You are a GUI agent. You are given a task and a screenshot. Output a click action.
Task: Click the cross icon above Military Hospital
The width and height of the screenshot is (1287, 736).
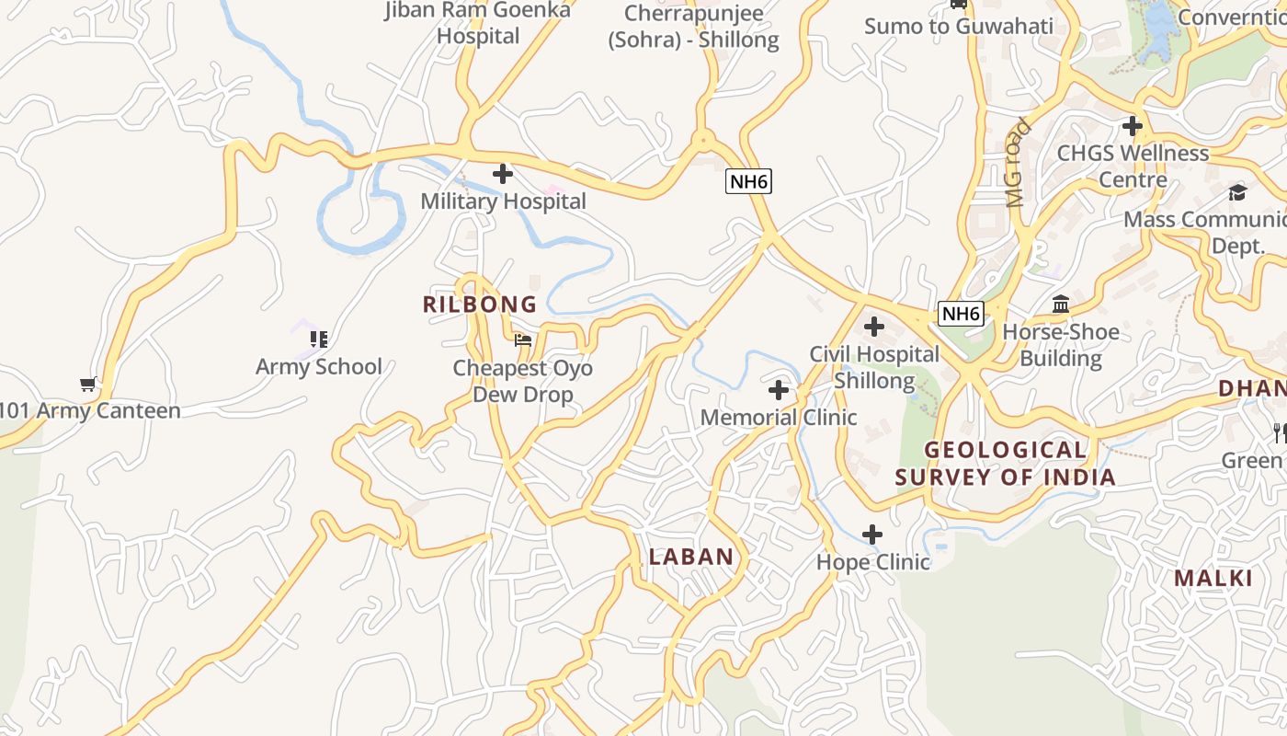pyautogui.click(x=503, y=173)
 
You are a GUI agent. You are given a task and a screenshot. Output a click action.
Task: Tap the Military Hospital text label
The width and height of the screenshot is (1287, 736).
pyautogui.click(x=503, y=201)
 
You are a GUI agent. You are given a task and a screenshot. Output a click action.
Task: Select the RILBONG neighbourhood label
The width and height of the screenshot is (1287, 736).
pyautogui.click(x=480, y=305)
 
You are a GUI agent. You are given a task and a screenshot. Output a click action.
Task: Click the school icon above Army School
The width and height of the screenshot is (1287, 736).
pyautogui.click(x=319, y=339)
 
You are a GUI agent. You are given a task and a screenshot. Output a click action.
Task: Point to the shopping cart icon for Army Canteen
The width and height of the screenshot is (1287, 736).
pyautogui.click(x=88, y=384)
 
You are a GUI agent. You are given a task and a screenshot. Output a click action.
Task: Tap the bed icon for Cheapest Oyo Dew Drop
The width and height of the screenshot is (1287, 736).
pyautogui.click(x=523, y=340)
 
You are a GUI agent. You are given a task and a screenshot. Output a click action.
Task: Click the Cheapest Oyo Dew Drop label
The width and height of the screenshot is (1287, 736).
pyautogui.click(x=523, y=381)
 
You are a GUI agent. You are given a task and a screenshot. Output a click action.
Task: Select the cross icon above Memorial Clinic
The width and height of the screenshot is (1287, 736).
pyautogui.click(x=779, y=390)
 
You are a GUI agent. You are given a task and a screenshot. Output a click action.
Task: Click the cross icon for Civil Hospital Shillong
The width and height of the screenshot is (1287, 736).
pyautogui.click(x=874, y=327)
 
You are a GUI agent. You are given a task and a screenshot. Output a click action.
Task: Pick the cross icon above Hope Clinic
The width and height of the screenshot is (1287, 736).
pyautogui.click(x=872, y=534)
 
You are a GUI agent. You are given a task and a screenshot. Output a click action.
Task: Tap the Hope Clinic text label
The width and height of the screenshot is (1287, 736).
pyautogui.click(x=873, y=561)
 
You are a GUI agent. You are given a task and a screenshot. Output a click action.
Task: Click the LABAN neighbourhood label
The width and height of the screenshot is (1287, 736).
pyautogui.click(x=691, y=557)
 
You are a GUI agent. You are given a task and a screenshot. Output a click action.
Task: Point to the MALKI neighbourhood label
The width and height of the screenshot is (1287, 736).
pyautogui.click(x=1213, y=578)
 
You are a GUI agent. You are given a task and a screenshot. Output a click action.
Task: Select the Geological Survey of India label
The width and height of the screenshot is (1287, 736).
pyautogui.click(x=1005, y=464)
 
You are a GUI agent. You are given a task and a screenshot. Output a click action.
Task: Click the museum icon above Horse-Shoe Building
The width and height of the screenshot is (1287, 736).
pyautogui.click(x=1061, y=304)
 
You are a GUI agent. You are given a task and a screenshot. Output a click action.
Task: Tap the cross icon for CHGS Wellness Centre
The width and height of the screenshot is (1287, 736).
pyautogui.click(x=1133, y=126)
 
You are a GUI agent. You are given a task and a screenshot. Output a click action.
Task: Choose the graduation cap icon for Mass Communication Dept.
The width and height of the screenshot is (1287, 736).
pyautogui.click(x=1237, y=192)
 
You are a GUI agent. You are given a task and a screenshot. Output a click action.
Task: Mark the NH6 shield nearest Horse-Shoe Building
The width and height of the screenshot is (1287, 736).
pyautogui.click(x=962, y=314)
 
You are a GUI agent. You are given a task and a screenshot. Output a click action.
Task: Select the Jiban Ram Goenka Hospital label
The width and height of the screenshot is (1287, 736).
pyautogui.click(x=478, y=23)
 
